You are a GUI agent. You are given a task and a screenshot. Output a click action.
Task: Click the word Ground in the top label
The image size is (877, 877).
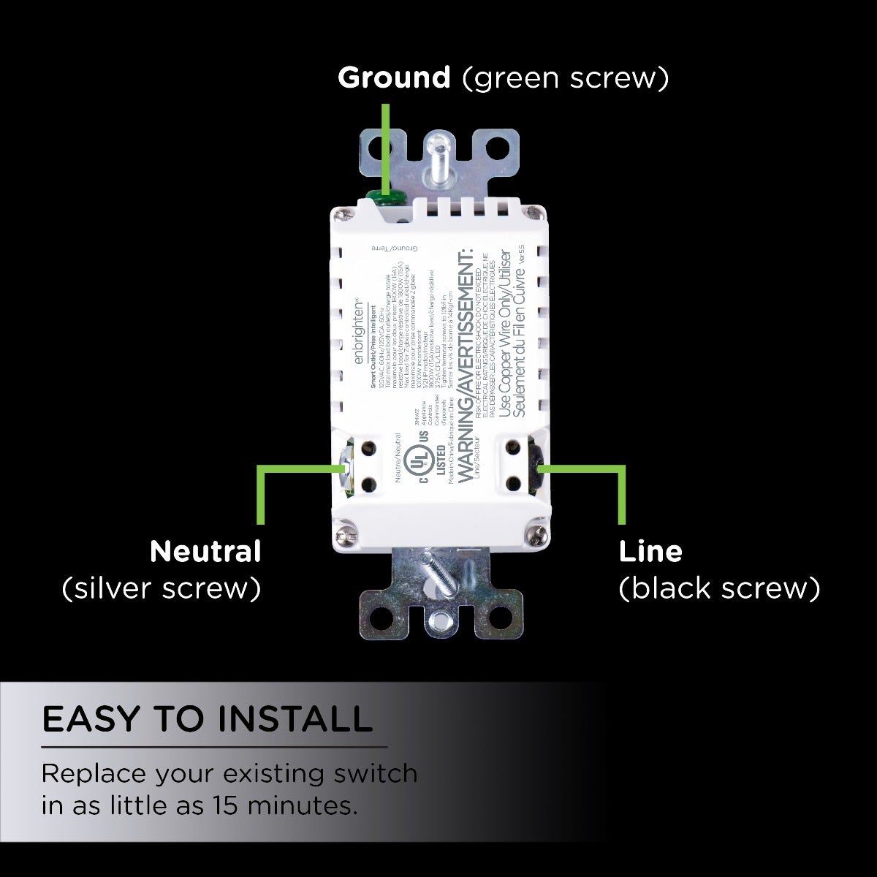point(394,77)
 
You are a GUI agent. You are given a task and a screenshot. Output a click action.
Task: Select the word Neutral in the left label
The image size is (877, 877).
point(205,551)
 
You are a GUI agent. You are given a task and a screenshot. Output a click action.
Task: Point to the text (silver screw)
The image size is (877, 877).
point(162,588)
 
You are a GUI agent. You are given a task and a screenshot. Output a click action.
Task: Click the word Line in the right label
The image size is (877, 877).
point(650,551)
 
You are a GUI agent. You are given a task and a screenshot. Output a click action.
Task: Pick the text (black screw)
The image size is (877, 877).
point(719,588)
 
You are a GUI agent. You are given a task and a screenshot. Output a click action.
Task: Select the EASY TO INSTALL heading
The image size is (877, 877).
point(208,719)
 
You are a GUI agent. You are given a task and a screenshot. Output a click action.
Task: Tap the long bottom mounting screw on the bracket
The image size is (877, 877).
point(441,577)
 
